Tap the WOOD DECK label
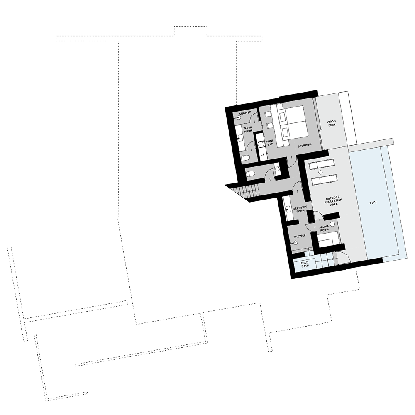pyautogui.click(x=331, y=123)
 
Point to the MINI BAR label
pyautogui.click(x=269, y=143)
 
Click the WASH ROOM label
pyautogui.click(x=248, y=129)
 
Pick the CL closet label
pyautogui.click(x=262, y=155)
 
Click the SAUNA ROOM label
pyautogui.click(x=324, y=229)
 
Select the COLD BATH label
pyautogui.click(x=305, y=264)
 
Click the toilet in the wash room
pyautogui.click(x=245, y=158)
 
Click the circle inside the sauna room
pyautogui.click(x=332, y=224)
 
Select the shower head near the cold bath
pyautogui.click(x=295, y=244)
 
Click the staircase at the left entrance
pyautogui.click(x=245, y=192)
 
